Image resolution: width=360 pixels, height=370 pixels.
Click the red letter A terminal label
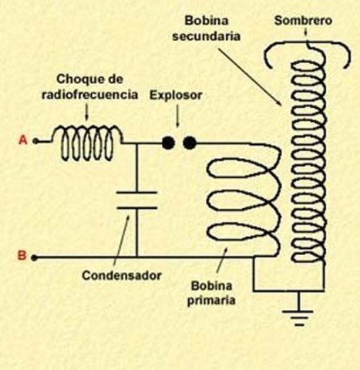pos(22,140)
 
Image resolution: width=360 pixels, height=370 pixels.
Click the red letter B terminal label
pos(22,257)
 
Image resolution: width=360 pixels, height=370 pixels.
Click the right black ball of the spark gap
pos(189,142)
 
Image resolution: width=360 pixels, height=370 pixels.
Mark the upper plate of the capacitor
pos(136,191)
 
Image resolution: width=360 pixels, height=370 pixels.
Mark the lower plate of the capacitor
pos(136,207)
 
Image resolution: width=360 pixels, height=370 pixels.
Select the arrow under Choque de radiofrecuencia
pos(87,111)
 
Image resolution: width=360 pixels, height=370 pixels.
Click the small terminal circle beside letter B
pos(35,257)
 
